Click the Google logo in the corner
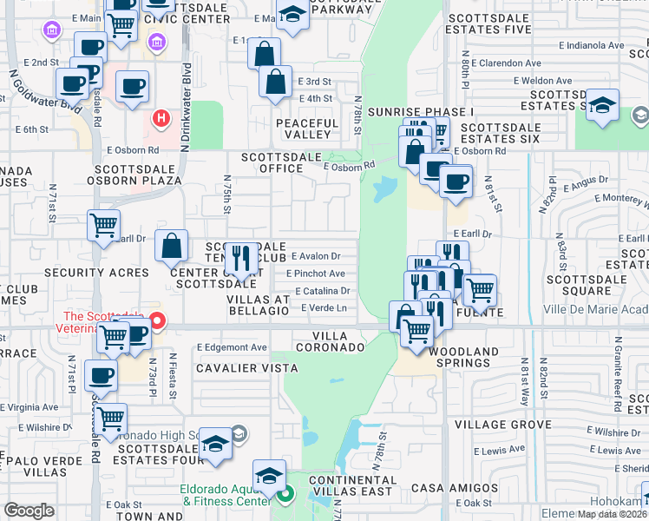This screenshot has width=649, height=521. (29, 511)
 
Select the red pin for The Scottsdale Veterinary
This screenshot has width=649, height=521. (157, 320)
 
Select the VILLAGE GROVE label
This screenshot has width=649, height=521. (501, 425)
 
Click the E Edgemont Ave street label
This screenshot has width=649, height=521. (232, 347)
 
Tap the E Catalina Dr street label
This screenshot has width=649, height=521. (322, 291)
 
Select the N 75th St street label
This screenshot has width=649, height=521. (226, 197)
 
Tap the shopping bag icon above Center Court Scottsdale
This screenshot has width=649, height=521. (172, 246)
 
